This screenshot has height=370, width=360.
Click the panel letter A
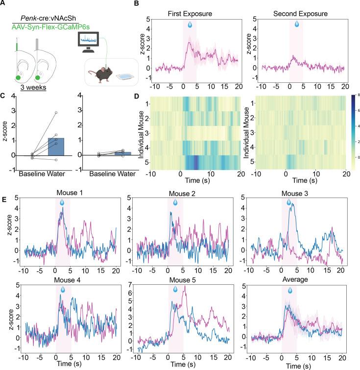(x=5, y=4)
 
